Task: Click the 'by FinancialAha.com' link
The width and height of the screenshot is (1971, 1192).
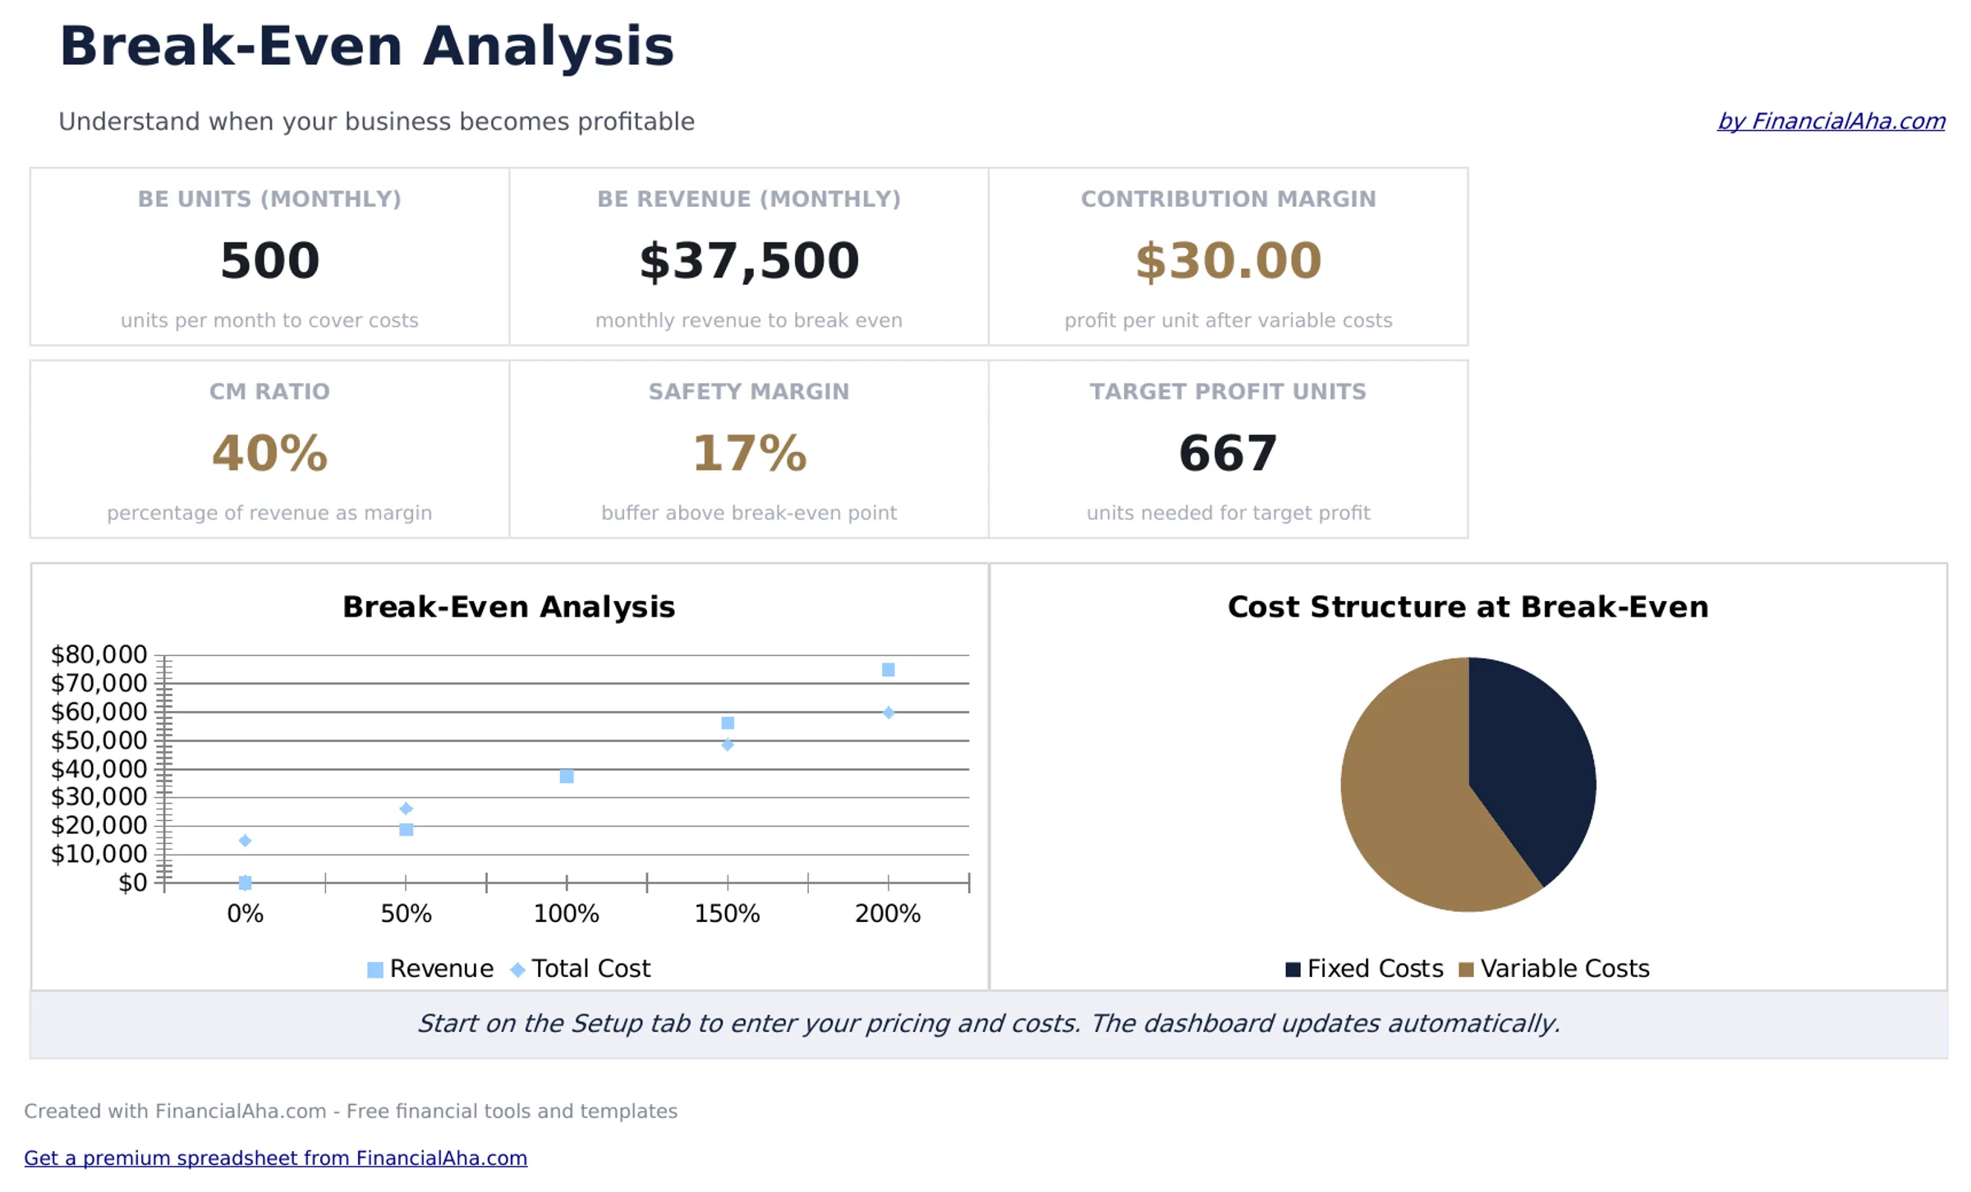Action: point(1831,121)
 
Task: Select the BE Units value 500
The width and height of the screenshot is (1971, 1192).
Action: point(269,261)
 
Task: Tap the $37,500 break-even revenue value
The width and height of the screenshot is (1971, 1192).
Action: point(748,261)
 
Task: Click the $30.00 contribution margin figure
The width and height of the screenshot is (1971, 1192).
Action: point(1228,261)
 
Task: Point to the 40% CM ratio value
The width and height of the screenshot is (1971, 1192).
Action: point(269,453)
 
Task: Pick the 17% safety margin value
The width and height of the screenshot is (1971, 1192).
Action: point(748,453)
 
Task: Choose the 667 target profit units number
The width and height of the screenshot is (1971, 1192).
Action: point(1228,453)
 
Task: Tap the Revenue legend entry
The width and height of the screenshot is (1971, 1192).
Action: point(430,969)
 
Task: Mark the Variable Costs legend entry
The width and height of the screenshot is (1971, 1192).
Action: point(1554,969)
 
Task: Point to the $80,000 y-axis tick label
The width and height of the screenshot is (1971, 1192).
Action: point(99,654)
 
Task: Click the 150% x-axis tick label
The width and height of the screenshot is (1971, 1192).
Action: point(727,914)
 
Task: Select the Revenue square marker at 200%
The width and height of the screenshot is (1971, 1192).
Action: point(888,670)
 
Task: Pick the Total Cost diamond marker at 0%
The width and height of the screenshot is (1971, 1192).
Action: point(245,841)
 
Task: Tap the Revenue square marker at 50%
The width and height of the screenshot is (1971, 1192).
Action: point(406,829)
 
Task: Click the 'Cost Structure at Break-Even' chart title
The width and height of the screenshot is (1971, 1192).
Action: point(1467,607)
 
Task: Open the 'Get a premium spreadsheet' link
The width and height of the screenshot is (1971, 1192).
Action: point(275,1158)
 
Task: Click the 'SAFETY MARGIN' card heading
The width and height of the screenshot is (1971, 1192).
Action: point(748,392)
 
